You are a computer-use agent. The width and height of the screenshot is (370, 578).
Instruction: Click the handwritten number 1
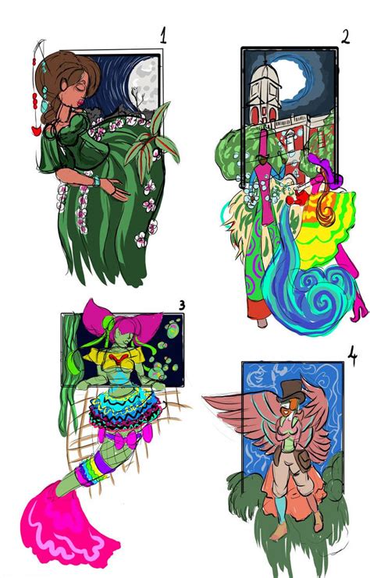163,34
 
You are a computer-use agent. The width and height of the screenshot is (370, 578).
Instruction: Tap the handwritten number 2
345,36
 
